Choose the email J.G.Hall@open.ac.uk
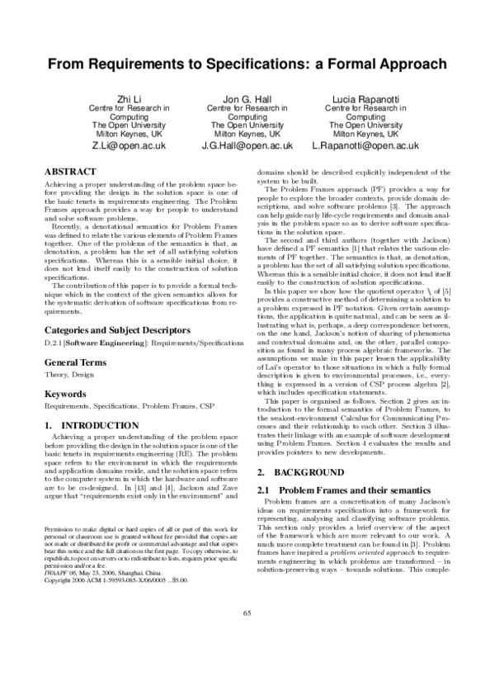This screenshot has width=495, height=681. (247, 145)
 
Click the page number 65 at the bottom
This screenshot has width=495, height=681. (247, 656)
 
